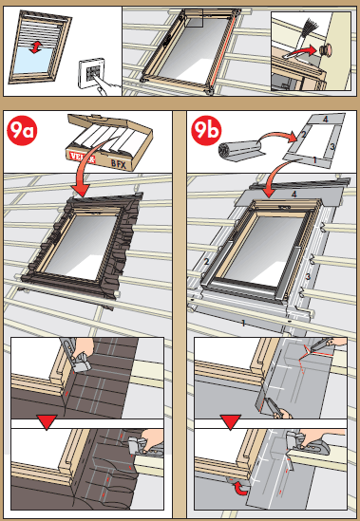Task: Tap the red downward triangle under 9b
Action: click(228, 420)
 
